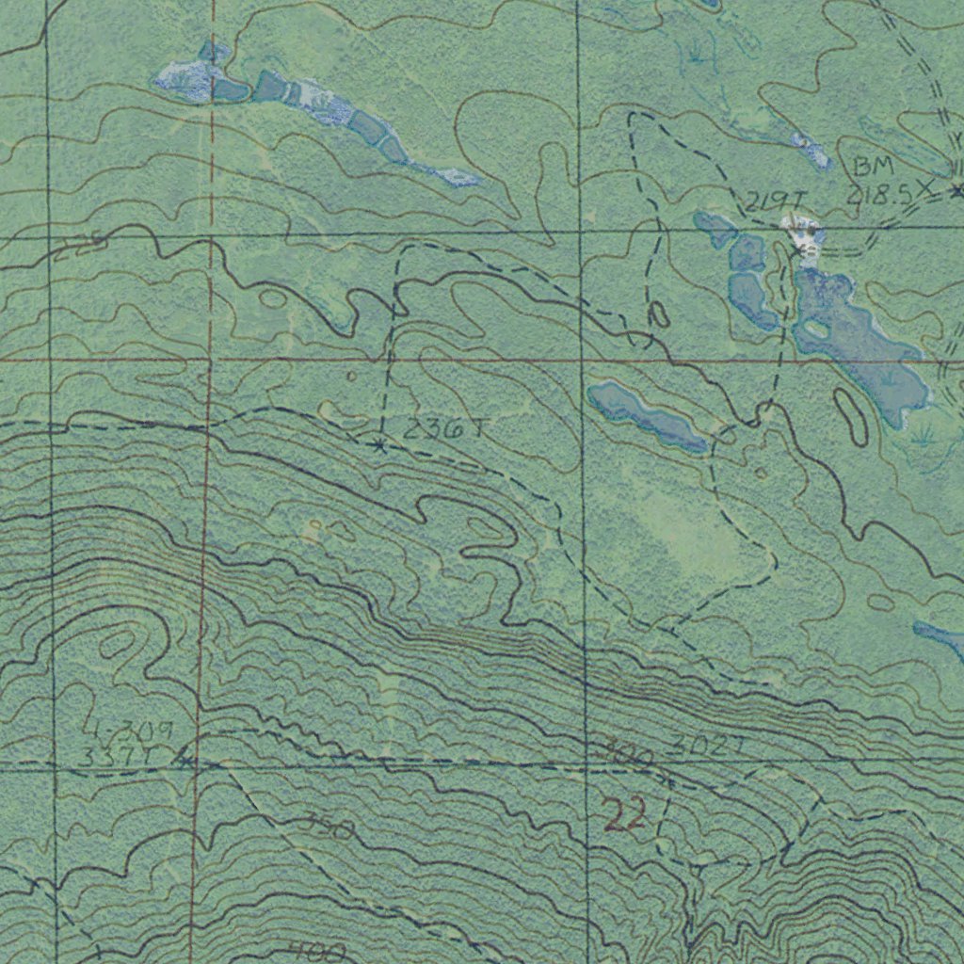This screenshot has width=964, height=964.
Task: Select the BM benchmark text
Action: pyautogui.click(x=873, y=168)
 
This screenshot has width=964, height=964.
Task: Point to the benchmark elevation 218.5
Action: pyautogui.click(x=883, y=195)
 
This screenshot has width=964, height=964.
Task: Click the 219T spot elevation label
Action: pyautogui.click(x=775, y=201)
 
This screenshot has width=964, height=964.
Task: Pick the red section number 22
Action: pyautogui.click(x=624, y=815)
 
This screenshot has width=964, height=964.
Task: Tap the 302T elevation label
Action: pyautogui.click(x=709, y=747)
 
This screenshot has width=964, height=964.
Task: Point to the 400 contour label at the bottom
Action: pyautogui.click(x=316, y=951)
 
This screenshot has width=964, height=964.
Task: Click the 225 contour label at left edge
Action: pyautogui.click(x=79, y=248)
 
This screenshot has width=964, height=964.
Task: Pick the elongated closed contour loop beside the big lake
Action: pyautogui.click(x=852, y=415)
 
